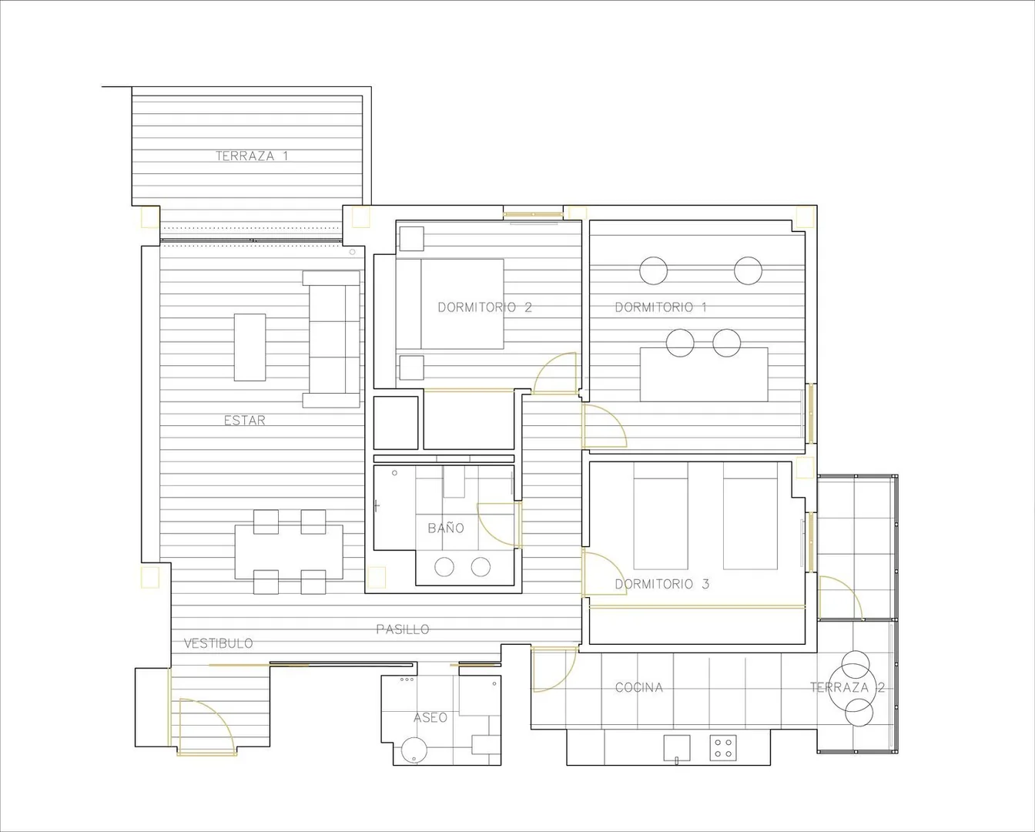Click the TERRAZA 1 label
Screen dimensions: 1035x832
coord(252,156)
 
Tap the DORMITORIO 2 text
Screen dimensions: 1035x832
coord(485,307)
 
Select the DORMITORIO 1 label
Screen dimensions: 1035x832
coord(661,307)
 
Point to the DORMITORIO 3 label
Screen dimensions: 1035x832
coord(662,584)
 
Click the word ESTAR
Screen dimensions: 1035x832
coord(244,421)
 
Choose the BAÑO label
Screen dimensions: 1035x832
coord(446,528)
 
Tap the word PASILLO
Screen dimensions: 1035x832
coord(403,629)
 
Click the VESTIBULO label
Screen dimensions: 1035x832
coord(219,643)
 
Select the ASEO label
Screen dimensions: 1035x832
coord(430,718)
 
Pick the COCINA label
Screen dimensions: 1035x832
coord(638,688)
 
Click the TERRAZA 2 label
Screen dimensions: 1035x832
coord(847,688)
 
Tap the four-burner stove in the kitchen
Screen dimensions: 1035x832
coord(723,748)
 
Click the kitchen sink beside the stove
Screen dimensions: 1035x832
coord(677,748)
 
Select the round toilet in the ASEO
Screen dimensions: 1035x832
coord(414,750)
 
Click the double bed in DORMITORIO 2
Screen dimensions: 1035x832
coord(451,304)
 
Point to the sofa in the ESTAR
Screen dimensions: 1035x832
coord(331,339)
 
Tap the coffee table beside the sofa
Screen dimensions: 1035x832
coord(250,347)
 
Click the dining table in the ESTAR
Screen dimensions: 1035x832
coord(289,552)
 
